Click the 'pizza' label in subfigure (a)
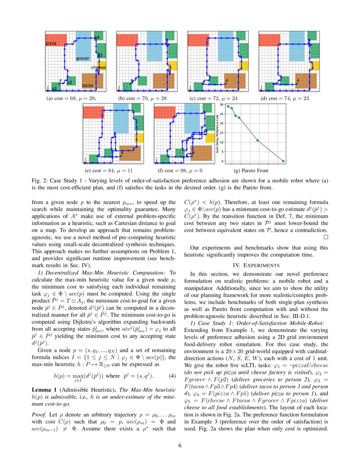(x=51, y=44)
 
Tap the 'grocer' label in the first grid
(x=83, y=58)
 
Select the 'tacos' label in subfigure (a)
(x=88, y=86)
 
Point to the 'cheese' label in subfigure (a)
(x=99, y=68)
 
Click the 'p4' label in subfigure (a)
(x=97, y=38)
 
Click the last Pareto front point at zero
(x=283, y=161)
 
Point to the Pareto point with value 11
(x=258, y=140)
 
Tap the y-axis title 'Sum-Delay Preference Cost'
(x=217, y=133)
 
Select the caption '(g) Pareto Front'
(x=251, y=171)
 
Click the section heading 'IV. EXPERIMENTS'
(x=256, y=265)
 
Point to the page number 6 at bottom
(x=180, y=445)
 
